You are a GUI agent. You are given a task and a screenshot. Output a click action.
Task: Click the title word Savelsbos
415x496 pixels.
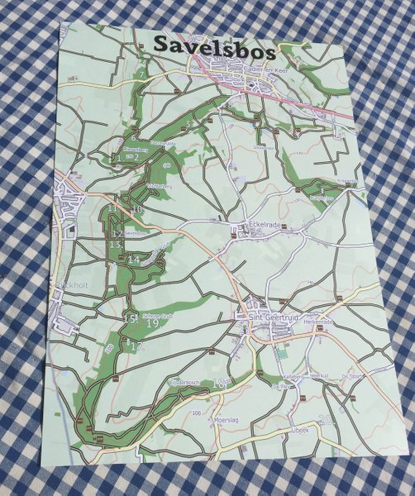tap(214, 49)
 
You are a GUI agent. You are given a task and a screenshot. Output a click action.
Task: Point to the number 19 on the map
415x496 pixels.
tap(152, 323)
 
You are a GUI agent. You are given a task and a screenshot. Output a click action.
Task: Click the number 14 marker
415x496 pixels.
tap(135, 260)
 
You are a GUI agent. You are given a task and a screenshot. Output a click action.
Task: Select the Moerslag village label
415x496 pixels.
tap(203, 419)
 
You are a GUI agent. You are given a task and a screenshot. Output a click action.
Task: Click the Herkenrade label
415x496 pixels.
tap(319, 322)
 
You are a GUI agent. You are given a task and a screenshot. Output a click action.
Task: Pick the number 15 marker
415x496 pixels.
tap(128, 318)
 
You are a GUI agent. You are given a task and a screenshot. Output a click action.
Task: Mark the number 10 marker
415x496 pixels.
tap(136, 211)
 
